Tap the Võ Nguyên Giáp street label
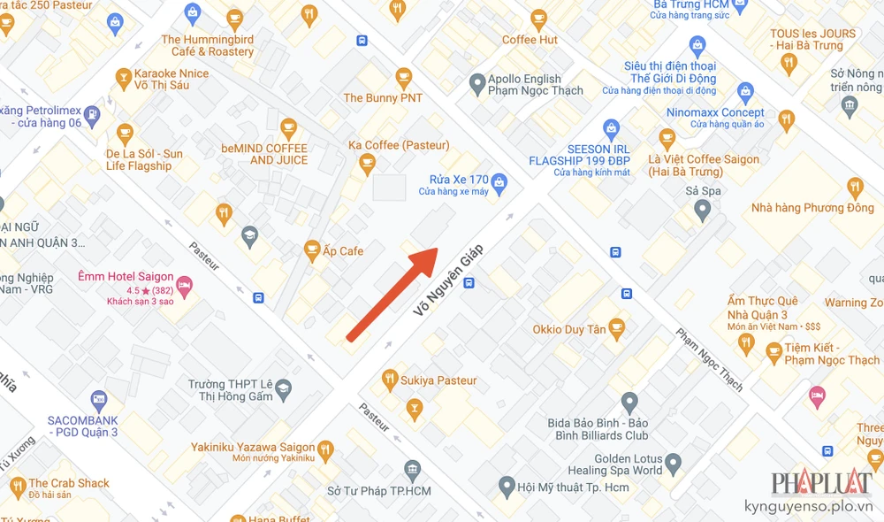(450, 280)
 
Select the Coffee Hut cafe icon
(538, 18)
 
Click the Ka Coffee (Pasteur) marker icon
(367, 163)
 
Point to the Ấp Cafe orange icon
(311, 251)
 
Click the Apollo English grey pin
(477, 84)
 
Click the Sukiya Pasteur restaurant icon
(389, 380)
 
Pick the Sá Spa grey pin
(703, 211)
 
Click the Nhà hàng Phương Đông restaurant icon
(854, 188)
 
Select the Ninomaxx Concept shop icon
(745, 92)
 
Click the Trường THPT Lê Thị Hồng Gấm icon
(283, 389)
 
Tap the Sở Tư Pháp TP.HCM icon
(412, 470)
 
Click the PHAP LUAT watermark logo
(821, 484)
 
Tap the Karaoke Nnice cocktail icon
(124, 81)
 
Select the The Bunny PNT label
(383, 98)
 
